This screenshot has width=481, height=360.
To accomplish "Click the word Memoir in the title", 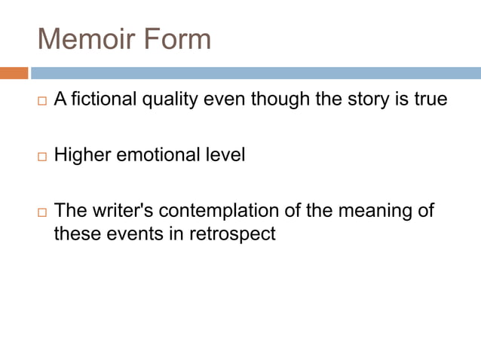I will click(84, 38).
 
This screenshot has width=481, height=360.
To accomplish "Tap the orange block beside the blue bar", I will click(14, 73).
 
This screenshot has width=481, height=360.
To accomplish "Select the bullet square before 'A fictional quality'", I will click(41, 101).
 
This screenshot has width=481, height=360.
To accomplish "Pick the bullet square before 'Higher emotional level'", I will click(41, 158).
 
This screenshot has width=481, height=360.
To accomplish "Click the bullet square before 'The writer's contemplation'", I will click(41, 212).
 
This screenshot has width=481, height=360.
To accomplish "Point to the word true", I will click(431, 100).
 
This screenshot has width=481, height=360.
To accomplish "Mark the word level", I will click(226, 157).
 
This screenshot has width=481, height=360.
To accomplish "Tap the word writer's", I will click(124, 210).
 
